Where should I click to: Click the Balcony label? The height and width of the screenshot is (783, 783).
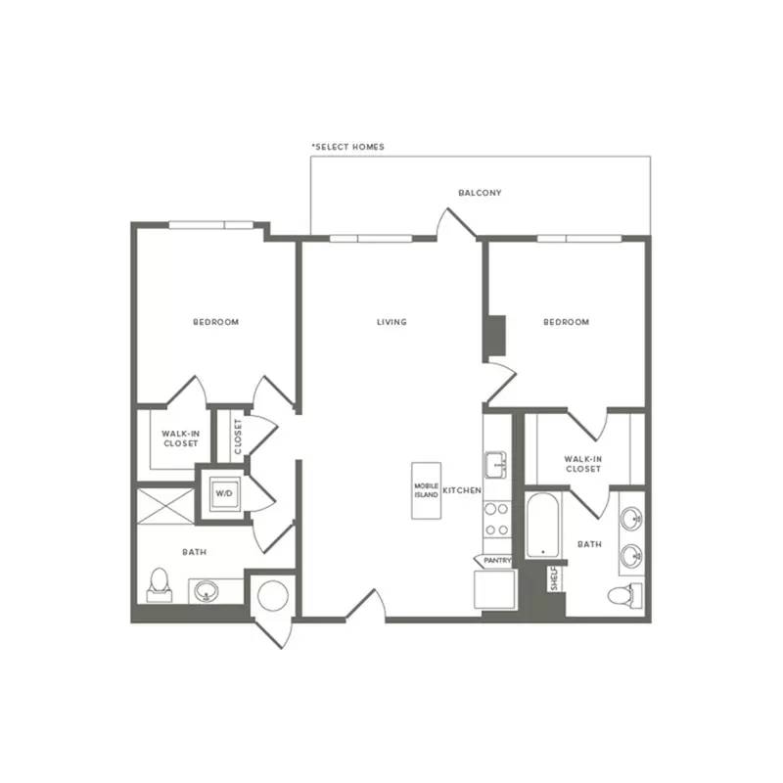pos(480,193)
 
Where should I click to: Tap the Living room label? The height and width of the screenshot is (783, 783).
pos(392,322)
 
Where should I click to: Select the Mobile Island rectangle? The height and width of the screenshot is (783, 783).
pos(426,490)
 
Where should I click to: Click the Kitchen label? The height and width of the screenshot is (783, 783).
pos(462,490)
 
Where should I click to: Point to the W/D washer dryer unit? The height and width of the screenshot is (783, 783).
pos(224,493)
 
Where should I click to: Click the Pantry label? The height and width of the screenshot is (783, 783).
pos(497,561)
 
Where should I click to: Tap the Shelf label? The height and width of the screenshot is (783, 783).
pos(554,578)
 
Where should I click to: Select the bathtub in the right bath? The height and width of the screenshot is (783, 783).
pos(543,526)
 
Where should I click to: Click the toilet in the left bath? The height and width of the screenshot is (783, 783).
pos(160,584)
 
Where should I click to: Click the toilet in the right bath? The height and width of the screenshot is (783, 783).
pos(624,596)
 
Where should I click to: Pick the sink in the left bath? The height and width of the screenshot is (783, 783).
pos(207,591)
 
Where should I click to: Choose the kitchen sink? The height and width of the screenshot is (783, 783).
pos(496,464)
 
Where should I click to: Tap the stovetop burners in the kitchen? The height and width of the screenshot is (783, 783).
pos(497,520)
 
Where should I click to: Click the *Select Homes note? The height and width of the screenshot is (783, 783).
pos(348,147)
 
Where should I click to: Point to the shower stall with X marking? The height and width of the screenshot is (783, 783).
pos(165,506)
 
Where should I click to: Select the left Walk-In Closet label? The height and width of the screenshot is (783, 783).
pos(181,438)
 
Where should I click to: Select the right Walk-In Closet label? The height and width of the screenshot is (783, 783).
pos(583,464)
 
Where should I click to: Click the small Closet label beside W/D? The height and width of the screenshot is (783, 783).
pos(238,437)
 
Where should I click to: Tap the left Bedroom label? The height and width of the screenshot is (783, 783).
pos(216,322)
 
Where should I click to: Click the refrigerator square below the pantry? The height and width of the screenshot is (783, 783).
pos(494,589)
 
